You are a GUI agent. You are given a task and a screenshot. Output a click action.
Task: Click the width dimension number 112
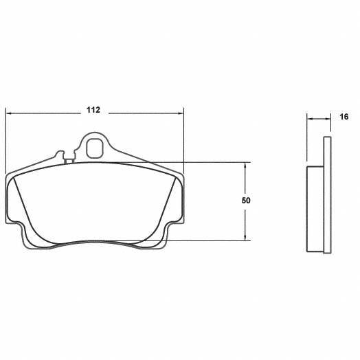click(94, 110)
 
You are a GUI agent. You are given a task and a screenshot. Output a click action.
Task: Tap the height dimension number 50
click(246, 201)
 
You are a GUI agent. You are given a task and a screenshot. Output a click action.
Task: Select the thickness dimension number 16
click(343, 117)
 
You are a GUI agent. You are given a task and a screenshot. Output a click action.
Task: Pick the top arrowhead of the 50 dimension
click(246, 166)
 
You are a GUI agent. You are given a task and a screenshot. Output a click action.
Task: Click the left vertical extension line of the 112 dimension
click(6, 137)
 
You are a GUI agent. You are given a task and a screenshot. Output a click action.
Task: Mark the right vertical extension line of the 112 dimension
click(184, 137)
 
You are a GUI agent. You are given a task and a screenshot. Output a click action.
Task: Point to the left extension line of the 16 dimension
click(306, 141)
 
